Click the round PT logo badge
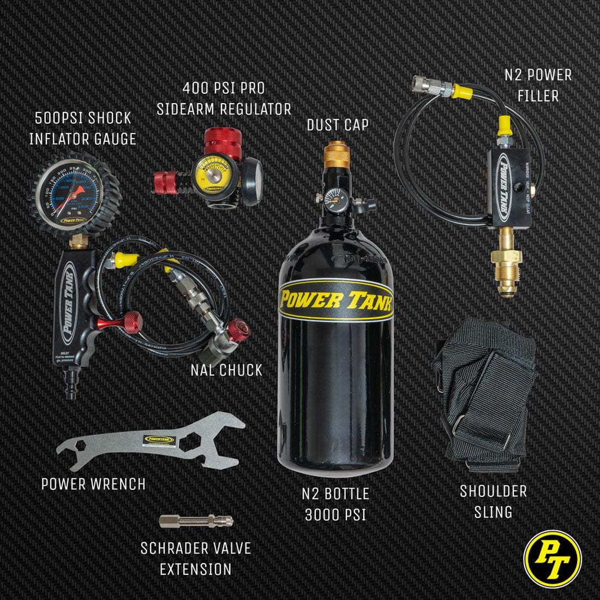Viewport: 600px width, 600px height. (x=552, y=559)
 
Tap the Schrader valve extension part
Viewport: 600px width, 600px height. (x=196, y=520)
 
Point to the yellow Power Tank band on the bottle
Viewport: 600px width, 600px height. (x=336, y=299)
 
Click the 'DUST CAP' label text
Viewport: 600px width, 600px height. (x=337, y=125)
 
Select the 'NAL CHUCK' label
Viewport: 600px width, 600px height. (x=226, y=370)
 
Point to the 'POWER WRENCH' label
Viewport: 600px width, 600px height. (x=93, y=484)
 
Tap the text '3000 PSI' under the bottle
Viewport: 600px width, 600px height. (x=336, y=514)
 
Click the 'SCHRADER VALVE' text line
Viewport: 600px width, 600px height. (x=196, y=548)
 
